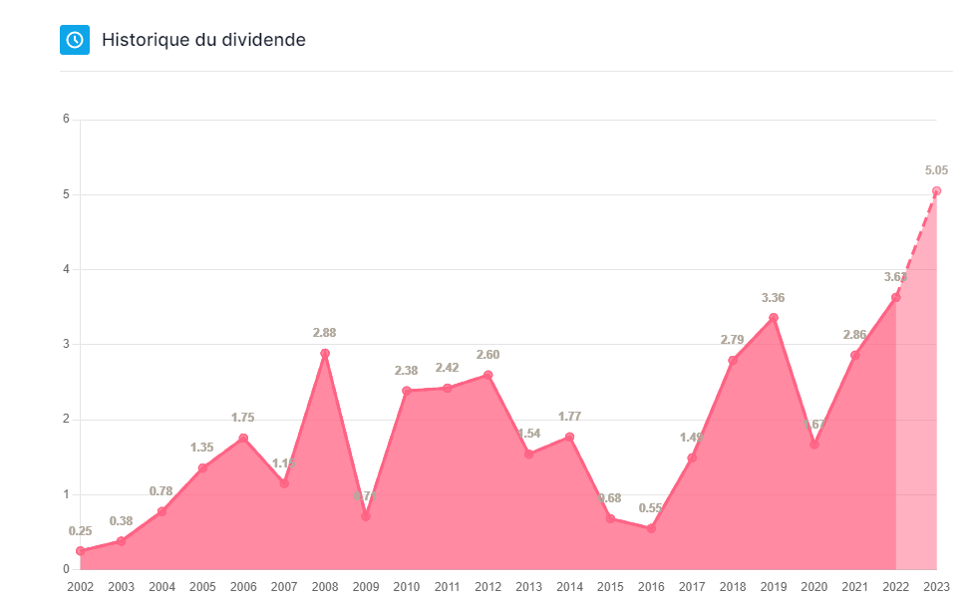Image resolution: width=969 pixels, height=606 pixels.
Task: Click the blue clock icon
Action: [x=75, y=40]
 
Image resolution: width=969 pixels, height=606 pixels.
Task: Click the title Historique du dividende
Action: [x=203, y=40]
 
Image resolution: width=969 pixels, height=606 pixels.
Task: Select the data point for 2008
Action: [x=325, y=354]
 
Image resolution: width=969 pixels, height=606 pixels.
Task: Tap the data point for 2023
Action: [x=936, y=190]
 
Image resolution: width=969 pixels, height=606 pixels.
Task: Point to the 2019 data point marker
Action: [x=774, y=318]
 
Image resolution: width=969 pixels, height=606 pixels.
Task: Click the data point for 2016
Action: [x=651, y=528]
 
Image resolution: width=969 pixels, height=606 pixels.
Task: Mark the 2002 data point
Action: [x=80, y=550]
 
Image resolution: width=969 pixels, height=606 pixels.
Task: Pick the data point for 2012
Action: [x=487, y=375]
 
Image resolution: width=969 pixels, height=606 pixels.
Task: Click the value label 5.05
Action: [x=937, y=170]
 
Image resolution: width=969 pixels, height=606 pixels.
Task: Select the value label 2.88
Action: [x=325, y=333]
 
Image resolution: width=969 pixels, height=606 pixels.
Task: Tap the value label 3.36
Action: [x=774, y=297]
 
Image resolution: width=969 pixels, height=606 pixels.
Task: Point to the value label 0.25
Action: [x=80, y=530]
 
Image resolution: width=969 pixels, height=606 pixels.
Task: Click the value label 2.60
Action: [x=487, y=354]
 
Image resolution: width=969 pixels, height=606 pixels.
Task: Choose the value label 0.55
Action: [x=651, y=507]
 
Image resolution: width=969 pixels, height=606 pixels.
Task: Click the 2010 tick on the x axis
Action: [x=407, y=587]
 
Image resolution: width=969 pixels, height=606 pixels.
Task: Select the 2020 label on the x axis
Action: [x=814, y=587]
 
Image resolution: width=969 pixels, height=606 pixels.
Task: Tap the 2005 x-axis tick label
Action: [x=202, y=587]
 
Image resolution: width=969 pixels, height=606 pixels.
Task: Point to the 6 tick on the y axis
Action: [x=66, y=120]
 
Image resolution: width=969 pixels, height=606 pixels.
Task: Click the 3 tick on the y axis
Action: [x=66, y=344]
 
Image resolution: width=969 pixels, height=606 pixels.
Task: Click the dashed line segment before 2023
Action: [x=916, y=244]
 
